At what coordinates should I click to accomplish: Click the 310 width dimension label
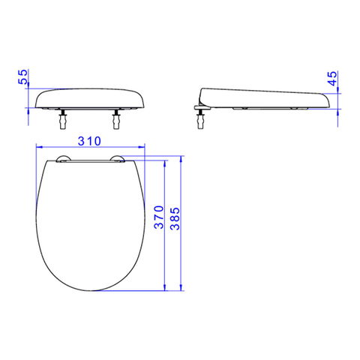tap(89, 141)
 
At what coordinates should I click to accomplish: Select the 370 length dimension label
tap(159, 217)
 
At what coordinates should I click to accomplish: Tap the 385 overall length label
tap(175, 218)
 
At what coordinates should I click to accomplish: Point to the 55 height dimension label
tap(23, 76)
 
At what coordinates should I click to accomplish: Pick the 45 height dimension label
tap(332, 79)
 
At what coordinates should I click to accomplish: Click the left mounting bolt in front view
tap(62, 119)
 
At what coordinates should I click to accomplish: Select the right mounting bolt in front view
tap(116, 119)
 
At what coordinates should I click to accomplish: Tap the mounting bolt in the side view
tap(200, 119)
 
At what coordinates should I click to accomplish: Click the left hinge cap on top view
tap(64, 159)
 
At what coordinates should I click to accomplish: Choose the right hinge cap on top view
tap(118, 159)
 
